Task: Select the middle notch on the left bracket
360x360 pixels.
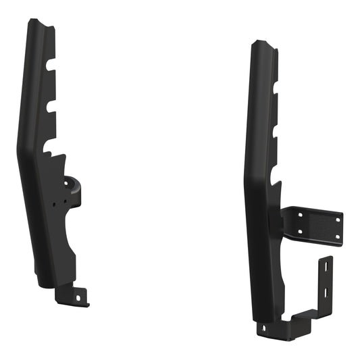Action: [51, 106]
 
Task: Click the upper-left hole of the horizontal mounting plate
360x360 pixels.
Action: [299, 215]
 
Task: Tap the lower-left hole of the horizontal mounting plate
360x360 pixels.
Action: [299, 232]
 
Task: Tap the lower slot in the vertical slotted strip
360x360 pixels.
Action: [326, 292]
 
